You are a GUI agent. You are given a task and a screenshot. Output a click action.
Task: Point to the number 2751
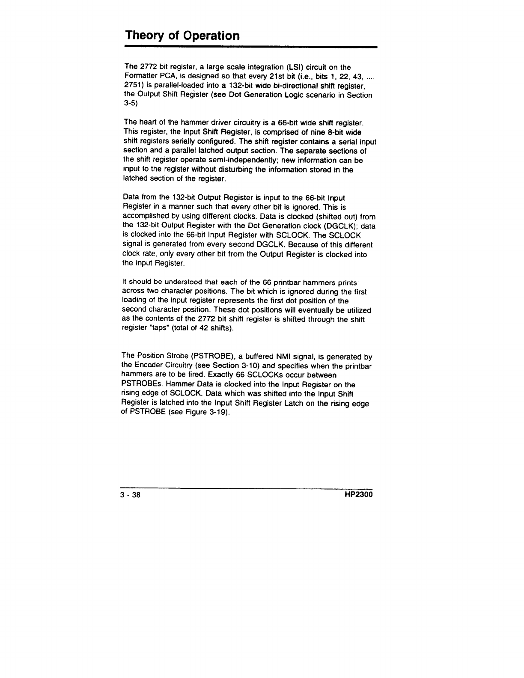point(132,86)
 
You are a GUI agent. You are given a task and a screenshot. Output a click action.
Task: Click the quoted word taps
point(160,328)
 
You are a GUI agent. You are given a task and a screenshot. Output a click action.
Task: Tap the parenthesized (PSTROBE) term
point(200,356)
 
